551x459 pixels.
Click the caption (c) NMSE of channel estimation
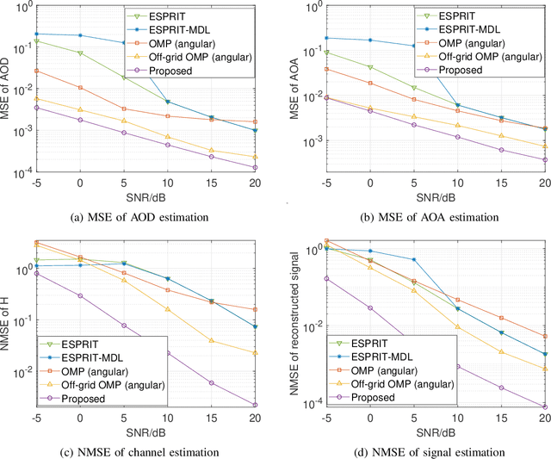tap(143, 446)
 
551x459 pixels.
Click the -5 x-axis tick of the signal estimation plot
tap(325, 416)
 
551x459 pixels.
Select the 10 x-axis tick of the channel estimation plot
tap(167, 416)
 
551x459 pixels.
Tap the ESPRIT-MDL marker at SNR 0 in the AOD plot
tap(80, 35)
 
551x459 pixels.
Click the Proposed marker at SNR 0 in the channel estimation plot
tap(80, 295)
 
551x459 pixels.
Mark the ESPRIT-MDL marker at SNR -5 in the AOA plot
tap(325, 37)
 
